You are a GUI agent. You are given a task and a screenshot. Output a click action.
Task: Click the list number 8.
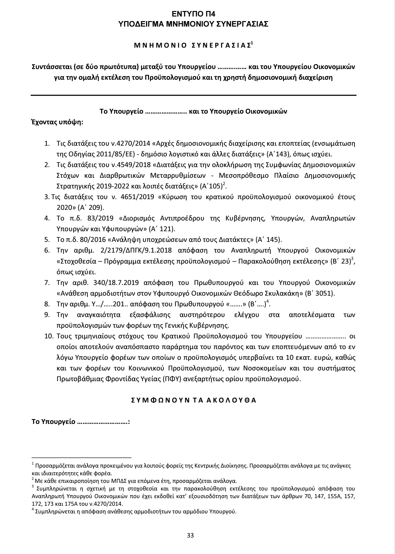(x=47, y=304)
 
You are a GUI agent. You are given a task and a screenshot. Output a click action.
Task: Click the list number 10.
(x=49, y=337)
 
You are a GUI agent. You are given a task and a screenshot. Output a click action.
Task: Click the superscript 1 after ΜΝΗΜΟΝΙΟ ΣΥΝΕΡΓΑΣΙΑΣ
(x=252, y=43)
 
